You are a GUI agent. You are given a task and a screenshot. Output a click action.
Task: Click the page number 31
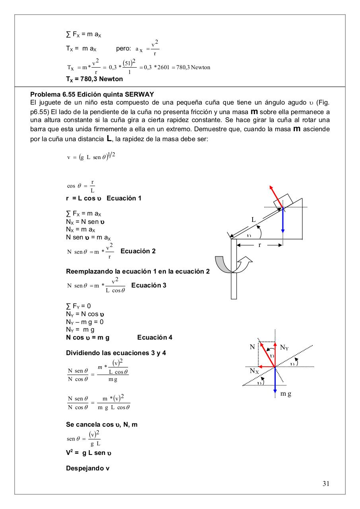326,484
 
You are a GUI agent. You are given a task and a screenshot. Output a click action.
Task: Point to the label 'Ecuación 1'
124,198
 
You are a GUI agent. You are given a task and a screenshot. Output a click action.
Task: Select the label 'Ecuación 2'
138,251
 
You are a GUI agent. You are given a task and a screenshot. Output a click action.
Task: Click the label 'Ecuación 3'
149,285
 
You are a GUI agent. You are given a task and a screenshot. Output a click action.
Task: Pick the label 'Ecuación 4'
155,337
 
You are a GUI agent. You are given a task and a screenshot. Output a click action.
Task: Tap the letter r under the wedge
260,245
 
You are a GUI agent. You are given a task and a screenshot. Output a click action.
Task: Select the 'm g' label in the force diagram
286,394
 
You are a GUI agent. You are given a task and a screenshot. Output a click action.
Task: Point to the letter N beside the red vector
252,347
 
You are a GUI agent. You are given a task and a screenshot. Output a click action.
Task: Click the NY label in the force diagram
284,348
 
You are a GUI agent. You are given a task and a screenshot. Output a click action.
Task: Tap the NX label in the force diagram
254,371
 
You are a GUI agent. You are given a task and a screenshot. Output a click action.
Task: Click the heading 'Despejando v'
88,468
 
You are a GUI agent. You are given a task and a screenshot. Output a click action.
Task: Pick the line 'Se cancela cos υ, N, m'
102,424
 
